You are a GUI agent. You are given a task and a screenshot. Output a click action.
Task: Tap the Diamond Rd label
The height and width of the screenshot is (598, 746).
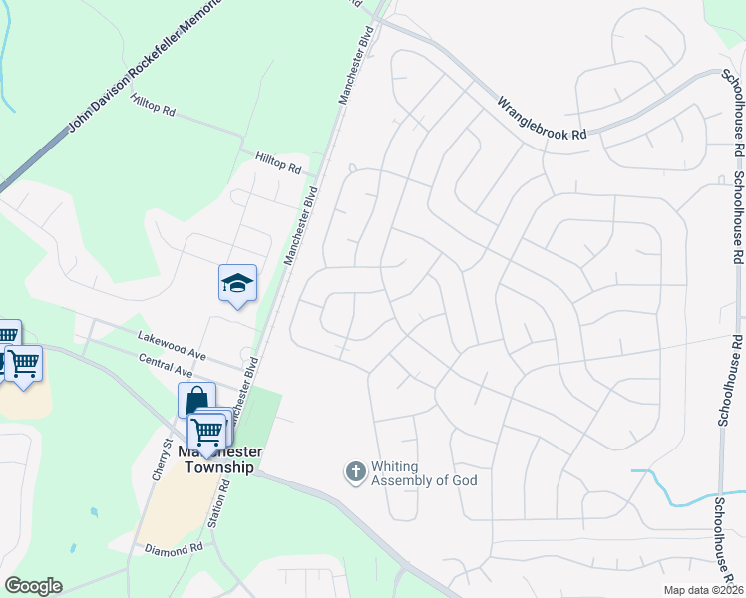pos(174,549)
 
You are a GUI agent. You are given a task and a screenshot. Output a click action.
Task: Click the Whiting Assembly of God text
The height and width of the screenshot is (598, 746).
pos(424,473)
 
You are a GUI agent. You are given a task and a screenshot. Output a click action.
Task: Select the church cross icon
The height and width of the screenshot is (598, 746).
pos(355,472)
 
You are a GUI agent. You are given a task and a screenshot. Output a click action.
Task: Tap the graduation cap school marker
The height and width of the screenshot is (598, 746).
pos(237,285)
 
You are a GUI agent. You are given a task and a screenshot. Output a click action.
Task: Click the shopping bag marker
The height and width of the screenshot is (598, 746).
pos(196,401)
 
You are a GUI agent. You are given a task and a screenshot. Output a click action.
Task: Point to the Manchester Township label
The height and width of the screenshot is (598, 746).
pos(219,458)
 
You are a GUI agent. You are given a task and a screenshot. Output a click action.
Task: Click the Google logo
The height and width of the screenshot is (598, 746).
pos(33,586)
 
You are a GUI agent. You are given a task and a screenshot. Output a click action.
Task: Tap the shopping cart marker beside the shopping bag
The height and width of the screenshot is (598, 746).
pos(207,433)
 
